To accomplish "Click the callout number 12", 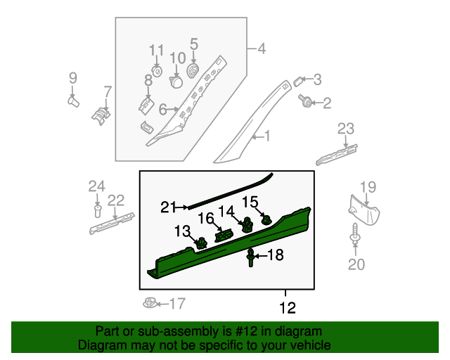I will (288, 307).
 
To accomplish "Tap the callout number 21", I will (167, 207).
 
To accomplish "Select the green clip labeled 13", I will (202, 243).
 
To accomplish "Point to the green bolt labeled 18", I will (250, 259).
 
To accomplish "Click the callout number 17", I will (176, 304).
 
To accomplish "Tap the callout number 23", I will (345, 128).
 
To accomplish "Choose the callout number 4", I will (262, 49).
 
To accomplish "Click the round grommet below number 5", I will (193, 71).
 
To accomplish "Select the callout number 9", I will (72, 77).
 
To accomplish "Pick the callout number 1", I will (266, 136).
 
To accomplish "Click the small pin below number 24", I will (96, 210).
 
